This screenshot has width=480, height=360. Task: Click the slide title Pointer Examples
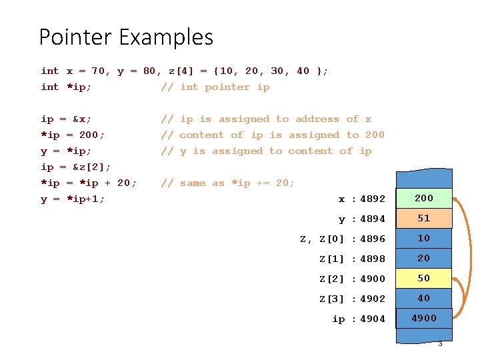126,37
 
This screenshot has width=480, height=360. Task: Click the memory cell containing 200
424,198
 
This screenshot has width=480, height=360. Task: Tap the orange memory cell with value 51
424,218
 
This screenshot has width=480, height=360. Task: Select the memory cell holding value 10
424,238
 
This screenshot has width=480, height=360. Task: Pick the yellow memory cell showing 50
424,278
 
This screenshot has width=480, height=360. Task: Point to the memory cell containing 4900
424,318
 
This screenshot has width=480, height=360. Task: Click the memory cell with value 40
424,298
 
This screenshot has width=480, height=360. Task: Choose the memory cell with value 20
424,258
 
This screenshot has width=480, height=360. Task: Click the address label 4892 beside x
373,199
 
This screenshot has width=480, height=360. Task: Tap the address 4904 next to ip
373,319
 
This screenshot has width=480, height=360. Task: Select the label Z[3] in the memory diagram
331,299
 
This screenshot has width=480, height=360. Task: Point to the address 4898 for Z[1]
373,259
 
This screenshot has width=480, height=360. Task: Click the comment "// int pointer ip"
215,87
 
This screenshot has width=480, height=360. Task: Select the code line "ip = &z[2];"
76,167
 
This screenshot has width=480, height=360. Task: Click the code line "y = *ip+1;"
73,199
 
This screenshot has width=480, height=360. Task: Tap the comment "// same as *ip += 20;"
227,183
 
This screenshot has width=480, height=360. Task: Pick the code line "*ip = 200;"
73,135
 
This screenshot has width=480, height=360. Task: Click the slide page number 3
440,343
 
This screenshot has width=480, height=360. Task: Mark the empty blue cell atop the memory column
424,179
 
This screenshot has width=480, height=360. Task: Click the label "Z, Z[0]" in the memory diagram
321,239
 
